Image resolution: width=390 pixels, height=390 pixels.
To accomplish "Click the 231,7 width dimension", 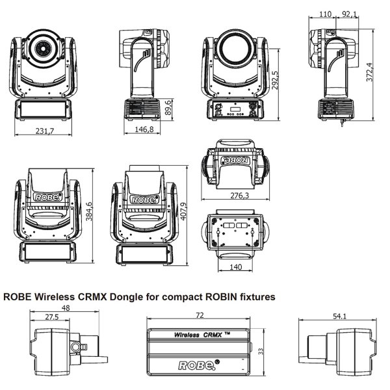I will pyautogui.click(x=44, y=131).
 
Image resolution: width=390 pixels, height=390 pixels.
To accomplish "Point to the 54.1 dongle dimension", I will pyautogui.click(x=339, y=317).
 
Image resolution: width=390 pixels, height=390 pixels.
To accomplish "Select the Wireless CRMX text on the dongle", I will pyautogui.click(x=199, y=335).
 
